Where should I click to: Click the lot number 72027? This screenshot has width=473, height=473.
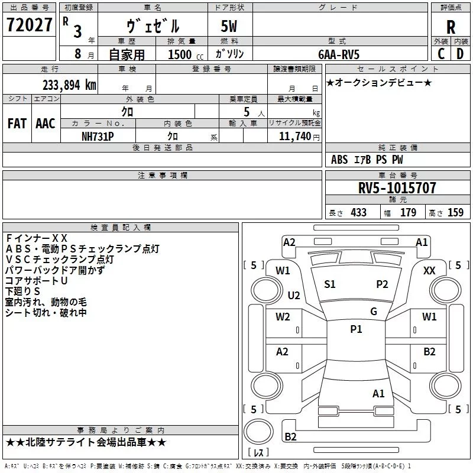coord(29,25)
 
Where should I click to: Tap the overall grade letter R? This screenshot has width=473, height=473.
coord(451,27)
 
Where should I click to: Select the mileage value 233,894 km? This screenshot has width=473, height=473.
coord(69,85)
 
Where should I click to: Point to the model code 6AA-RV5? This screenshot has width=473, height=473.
coord(339,54)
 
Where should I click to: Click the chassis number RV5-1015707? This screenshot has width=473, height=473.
coord(397,188)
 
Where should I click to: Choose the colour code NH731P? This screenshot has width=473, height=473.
coord(98,137)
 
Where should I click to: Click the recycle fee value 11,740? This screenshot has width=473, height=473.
coord(295,137)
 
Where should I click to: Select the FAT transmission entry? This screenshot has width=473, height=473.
coord(17,124)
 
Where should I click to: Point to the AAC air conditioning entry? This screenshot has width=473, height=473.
coord(46,124)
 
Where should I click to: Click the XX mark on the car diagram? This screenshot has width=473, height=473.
coord(429,271)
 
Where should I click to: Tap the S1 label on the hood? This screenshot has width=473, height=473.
coord(329,284)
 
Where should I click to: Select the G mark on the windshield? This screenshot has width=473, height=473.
coord(374,312)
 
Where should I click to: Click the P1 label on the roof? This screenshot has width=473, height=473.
coord(356,329)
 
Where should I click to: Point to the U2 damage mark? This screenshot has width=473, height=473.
coord(294,295)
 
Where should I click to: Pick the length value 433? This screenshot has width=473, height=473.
coord(359,213)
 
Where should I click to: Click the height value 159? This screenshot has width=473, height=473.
coord(455,213)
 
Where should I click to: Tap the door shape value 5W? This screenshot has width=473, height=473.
coord(229,26)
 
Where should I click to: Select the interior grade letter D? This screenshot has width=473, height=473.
coord(460,54)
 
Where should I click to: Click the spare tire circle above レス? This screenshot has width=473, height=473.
coord(258,432)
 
